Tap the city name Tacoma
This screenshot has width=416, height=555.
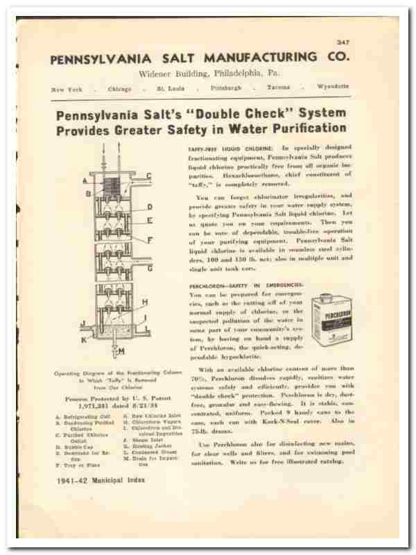[276, 88]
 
